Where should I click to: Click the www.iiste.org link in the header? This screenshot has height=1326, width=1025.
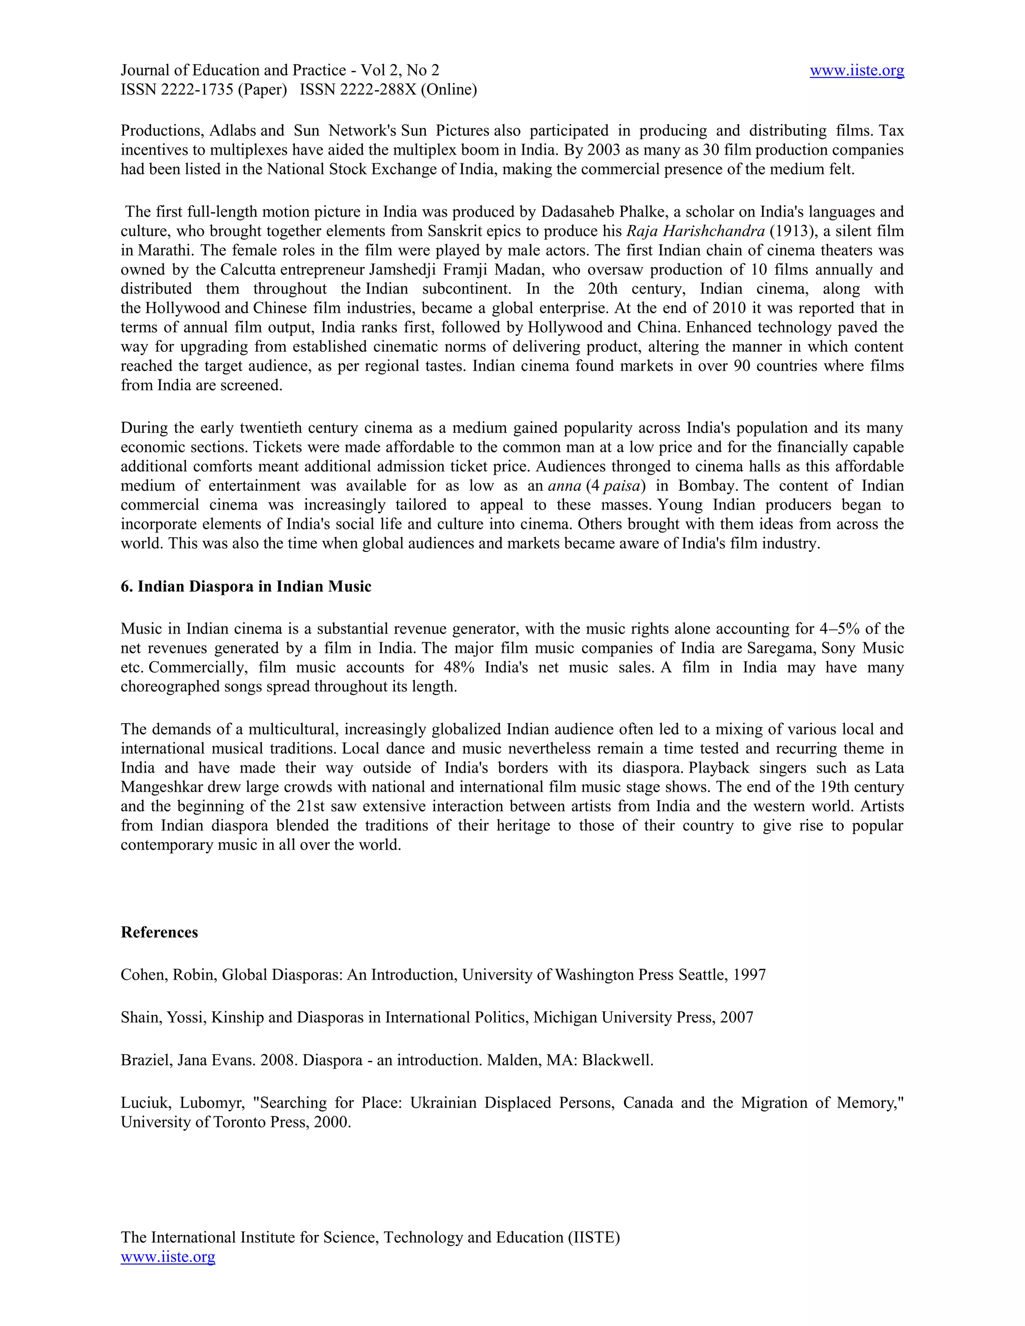point(856,71)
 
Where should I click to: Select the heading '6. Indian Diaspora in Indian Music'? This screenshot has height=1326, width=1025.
point(246,586)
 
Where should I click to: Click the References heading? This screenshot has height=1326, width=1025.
point(159,933)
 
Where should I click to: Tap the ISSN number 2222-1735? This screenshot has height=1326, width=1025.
point(197,90)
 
